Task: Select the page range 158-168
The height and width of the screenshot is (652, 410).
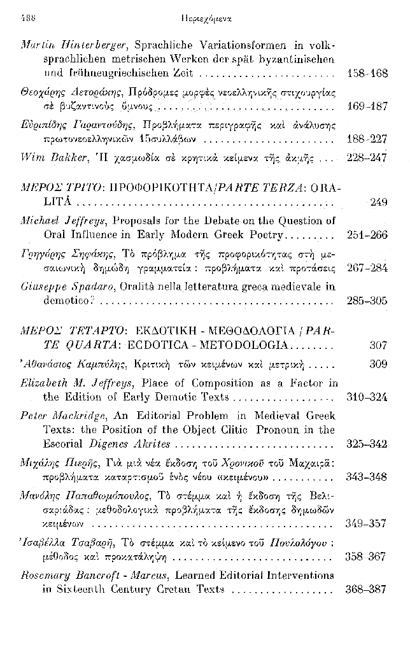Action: pyautogui.click(x=369, y=74)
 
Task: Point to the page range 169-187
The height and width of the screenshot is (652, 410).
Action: pyautogui.click(x=369, y=106)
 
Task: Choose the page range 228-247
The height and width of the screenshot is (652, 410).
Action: pyautogui.click(x=369, y=157)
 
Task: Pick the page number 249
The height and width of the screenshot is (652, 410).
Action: pyautogui.click(x=378, y=203)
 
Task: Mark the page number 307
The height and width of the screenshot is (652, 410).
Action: pyautogui.click(x=378, y=346)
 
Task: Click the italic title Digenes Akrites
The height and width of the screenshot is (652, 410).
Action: pyautogui.click(x=134, y=443)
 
